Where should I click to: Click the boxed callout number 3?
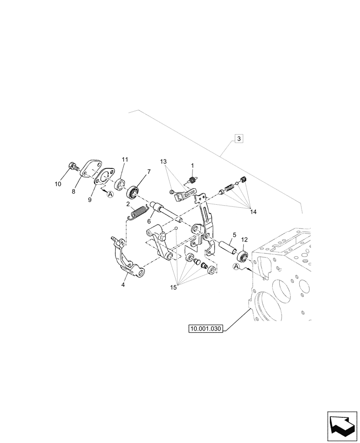pyautogui.click(x=239, y=139)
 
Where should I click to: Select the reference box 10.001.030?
pyautogui.click(x=206, y=329)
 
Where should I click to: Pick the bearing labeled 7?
pyautogui.click(x=133, y=192)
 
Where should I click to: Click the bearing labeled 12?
pyautogui.click(x=243, y=256)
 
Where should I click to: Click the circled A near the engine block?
pyautogui.click(x=236, y=267)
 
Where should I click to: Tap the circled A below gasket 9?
pyautogui.click(x=110, y=194)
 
